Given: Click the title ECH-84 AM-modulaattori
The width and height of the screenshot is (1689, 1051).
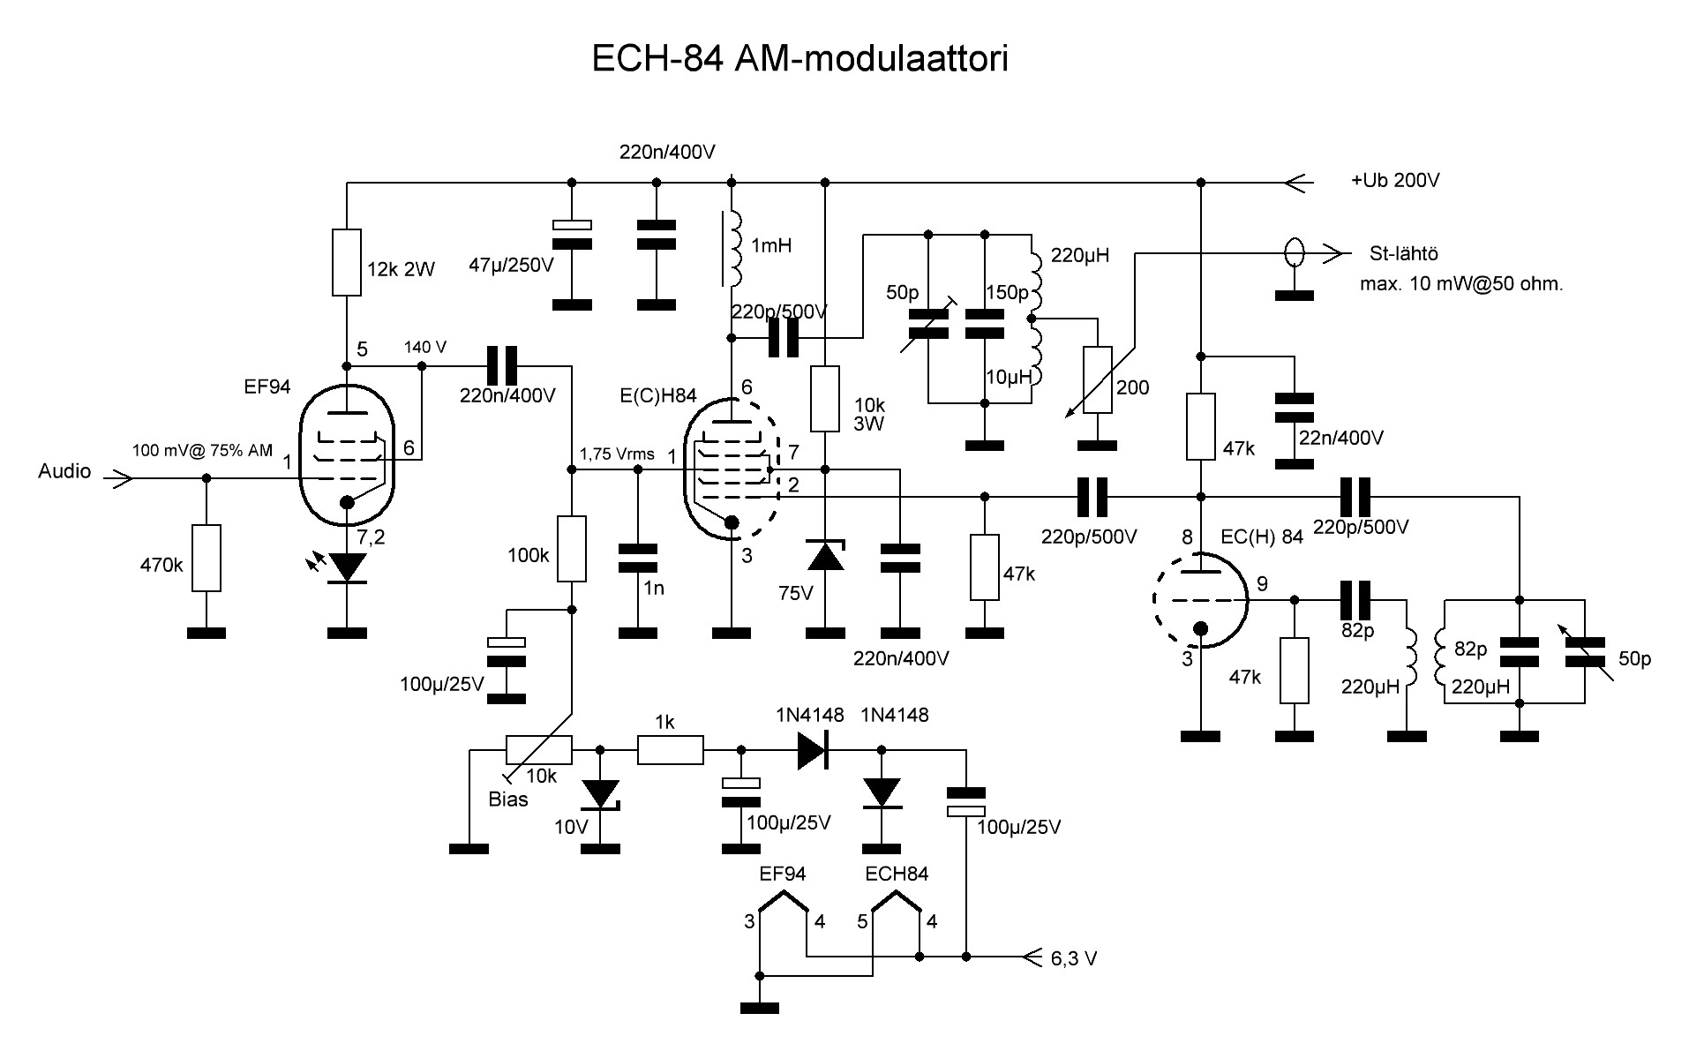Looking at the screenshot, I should pyautogui.click(x=799, y=60).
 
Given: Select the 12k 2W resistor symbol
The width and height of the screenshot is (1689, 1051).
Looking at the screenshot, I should pyautogui.click(x=347, y=262).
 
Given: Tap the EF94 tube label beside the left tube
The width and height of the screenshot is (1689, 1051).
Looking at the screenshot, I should pyautogui.click(x=266, y=387).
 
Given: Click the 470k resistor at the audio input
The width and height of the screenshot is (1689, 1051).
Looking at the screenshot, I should pyautogui.click(x=206, y=558).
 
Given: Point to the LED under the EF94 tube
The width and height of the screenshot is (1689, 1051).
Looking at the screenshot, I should pyautogui.click(x=347, y=567).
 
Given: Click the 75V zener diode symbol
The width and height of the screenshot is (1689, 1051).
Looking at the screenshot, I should pyautogui.click(x=825, y=556).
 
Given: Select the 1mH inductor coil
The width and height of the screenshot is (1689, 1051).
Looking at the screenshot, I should pyautogui.click(x=732, y=249).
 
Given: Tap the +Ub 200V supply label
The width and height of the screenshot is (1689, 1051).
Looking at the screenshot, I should pyautogui.click(x=1394, y=180).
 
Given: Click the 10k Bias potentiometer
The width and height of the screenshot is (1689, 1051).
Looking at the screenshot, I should pyautogui.click(x=538, y=750).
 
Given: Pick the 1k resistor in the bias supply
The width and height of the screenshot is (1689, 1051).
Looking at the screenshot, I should pyautogui.click(x=670, y=750).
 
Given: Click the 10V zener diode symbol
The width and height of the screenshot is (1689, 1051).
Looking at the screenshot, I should pyautogui.click(x=601, y=794).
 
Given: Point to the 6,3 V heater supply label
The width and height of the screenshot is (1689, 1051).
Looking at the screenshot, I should pyautogui.click(x=1074, y=958).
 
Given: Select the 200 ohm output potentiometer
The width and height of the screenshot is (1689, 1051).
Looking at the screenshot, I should pyautogui.click(x=1097, y=380).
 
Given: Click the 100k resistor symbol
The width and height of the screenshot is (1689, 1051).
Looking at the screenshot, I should pyautogui.click(x=572, y=549).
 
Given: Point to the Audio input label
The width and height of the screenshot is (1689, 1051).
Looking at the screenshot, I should pyautogui.click(x=64, y=471).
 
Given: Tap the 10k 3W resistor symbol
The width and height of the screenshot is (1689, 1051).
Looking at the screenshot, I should pyautogui.click(x=824, y=399).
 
